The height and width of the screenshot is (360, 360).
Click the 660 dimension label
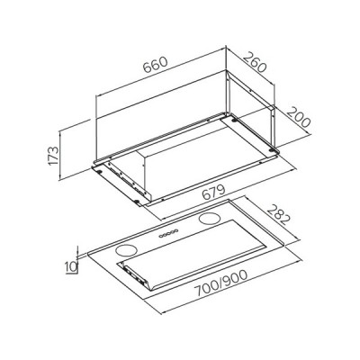pyautogui.click(x=155, y=65)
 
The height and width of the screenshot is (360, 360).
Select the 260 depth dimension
pyautogui.click(x=255, y=62)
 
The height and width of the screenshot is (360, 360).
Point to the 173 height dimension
pyautogui.click(x=53, y=156)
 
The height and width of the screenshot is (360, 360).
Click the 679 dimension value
pyautogui.click(x=213, y=193)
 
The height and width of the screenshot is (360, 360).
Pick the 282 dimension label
pyautogui.click(x=279, y=215)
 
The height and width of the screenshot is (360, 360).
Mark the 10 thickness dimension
pyautogui.click(x=71, y=266)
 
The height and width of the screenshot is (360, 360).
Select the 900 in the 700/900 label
pyautogui.click(x=235, y=278)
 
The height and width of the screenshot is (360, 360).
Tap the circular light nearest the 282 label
pyautogui.click(x=208, y=219)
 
